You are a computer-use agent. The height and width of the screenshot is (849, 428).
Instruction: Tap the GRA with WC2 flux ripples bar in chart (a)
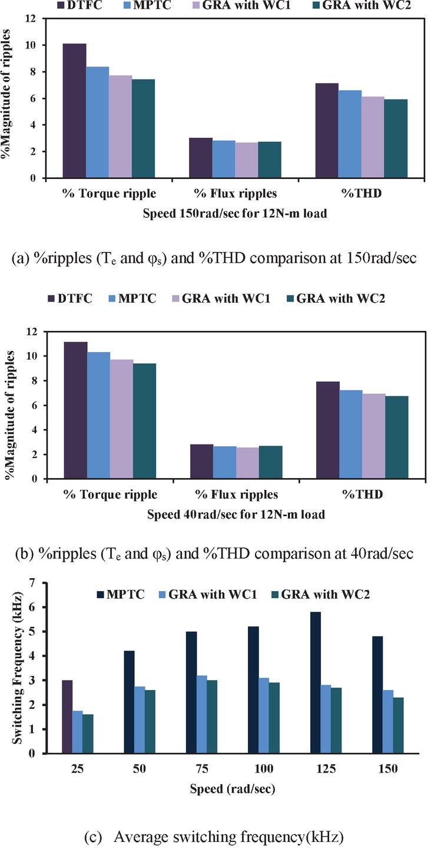(x=268, y=160)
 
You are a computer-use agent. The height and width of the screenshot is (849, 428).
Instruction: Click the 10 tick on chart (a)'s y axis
(x=33, y=45)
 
